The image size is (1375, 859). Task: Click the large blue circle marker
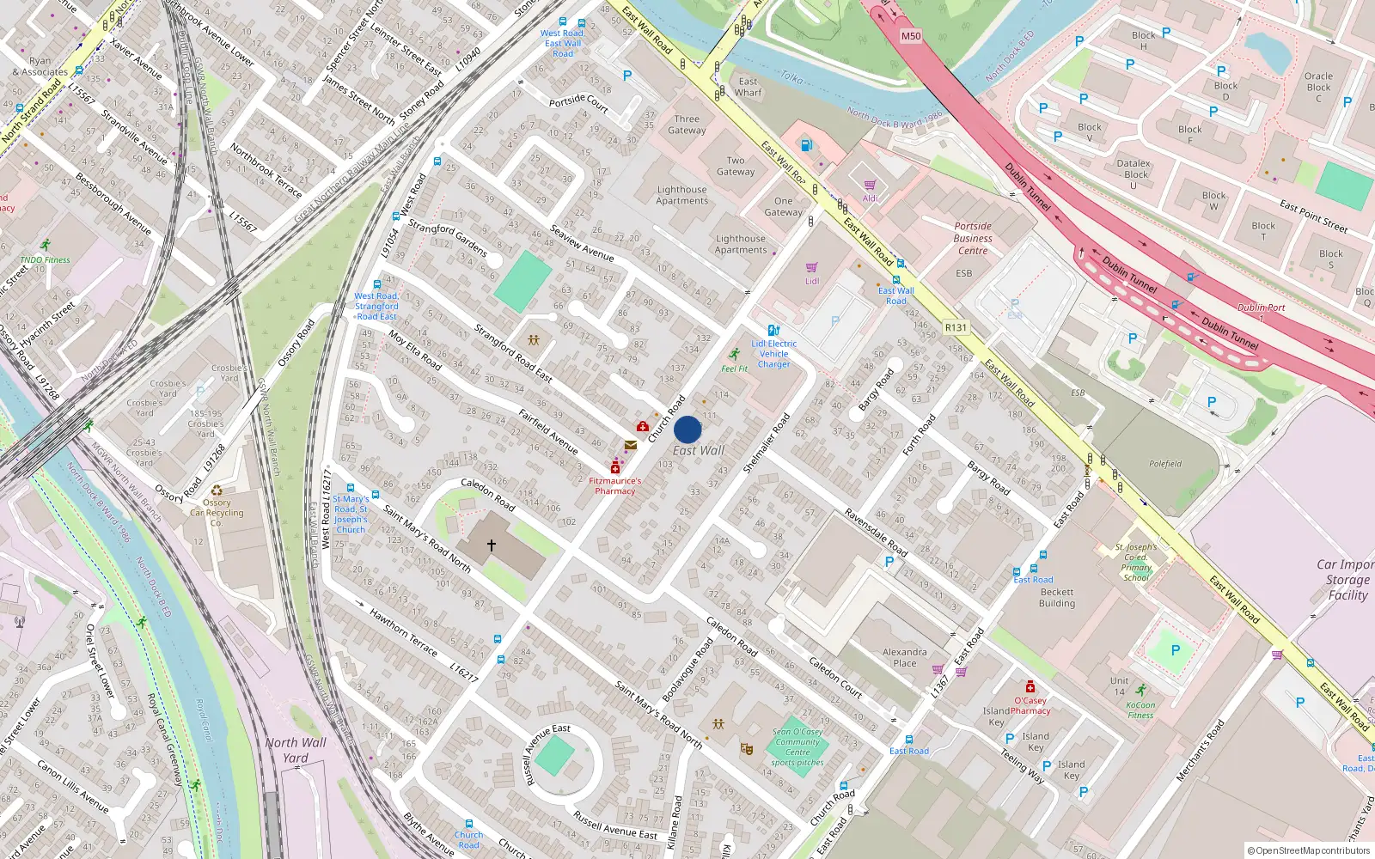click(687, 429)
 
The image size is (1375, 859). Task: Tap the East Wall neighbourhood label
click(698, 450)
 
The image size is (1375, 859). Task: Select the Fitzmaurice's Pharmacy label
click(615, 486)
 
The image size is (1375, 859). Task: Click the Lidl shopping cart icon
click(812, 268)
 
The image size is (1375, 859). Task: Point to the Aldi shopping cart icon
click(870, 185)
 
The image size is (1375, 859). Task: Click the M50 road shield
click(911, 36)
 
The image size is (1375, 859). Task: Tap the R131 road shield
click(956, 327)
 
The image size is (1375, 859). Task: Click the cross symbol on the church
click(492, 545)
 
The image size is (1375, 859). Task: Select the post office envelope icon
click(631, 445)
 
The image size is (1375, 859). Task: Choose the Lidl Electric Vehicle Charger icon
click(773, 330)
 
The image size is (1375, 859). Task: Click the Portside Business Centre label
click(973, 239)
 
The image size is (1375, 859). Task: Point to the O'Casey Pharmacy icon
click(1030, 686)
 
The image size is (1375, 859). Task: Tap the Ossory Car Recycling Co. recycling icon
click(217, 490)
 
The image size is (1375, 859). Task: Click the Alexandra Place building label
click(904, 657)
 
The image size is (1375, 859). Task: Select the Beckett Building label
click(1056, 597)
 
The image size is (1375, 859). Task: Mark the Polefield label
click(1165, 464)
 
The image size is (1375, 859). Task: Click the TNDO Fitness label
click(45, 259)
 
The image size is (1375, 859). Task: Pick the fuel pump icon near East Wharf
click(806, 145)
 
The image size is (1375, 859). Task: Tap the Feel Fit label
click(734, 369)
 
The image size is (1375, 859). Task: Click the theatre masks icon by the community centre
click(746, 749)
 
